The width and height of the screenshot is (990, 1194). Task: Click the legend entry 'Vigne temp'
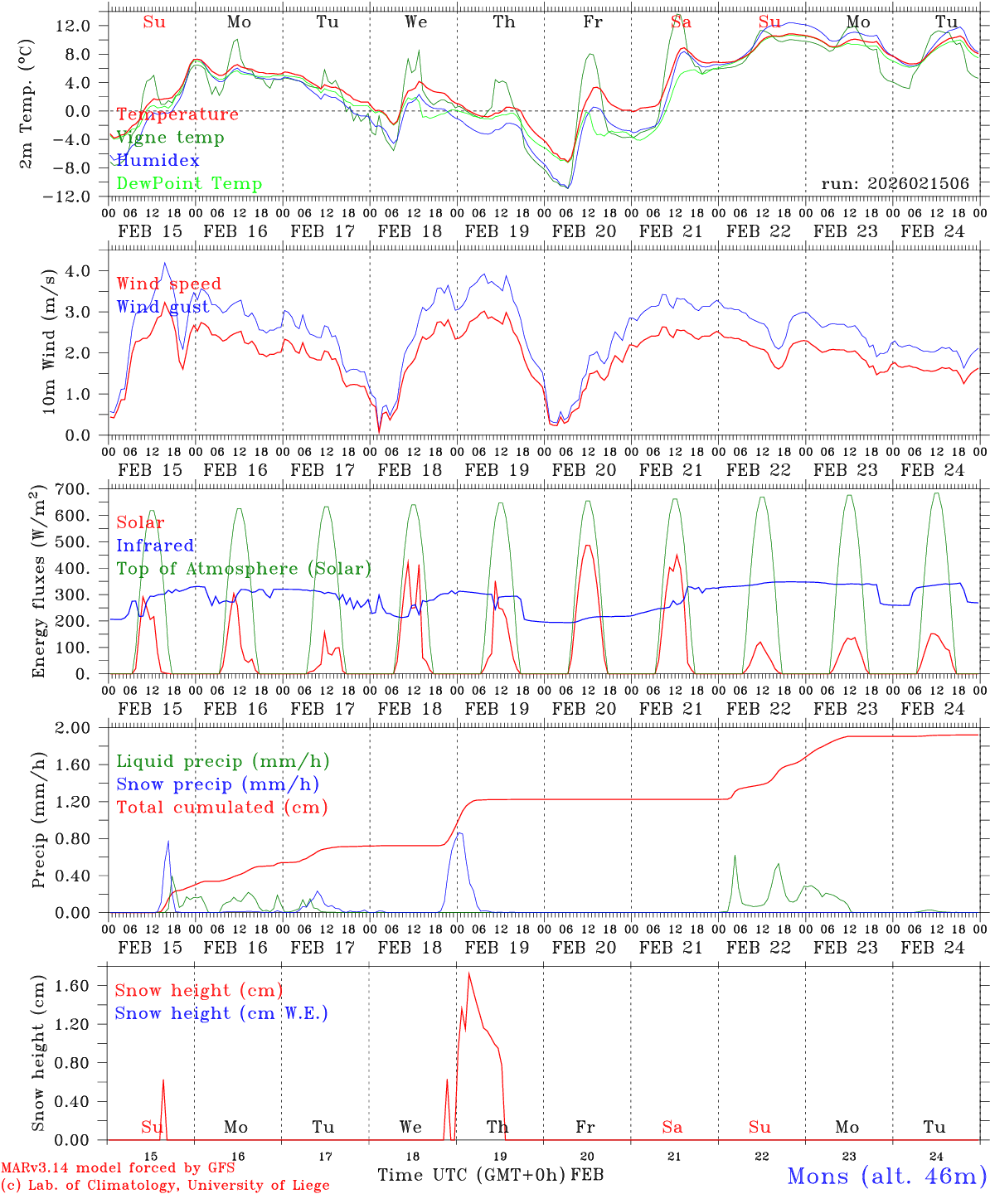(170, 138)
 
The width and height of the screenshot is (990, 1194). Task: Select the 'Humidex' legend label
(158, 160)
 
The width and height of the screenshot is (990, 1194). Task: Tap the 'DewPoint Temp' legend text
(189, 183)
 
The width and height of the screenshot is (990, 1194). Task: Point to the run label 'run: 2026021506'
(895, 183)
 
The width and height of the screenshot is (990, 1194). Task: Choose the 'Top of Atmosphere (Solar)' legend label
(244, 569)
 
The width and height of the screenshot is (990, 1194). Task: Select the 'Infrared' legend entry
(155, 546)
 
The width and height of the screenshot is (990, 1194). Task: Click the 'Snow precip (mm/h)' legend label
(217, 784)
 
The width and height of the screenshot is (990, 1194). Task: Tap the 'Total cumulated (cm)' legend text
(221, 807)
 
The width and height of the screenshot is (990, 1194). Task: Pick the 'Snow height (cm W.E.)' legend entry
(221, 1013)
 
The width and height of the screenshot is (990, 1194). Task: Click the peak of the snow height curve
(469, 973)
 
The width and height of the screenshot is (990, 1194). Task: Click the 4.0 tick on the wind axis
(83, 271)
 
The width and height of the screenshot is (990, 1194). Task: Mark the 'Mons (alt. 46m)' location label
(886, 1176)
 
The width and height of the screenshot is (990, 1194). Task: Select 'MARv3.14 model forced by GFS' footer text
(118, 1168)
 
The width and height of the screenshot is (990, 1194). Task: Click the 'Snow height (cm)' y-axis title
(38, 1051)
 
